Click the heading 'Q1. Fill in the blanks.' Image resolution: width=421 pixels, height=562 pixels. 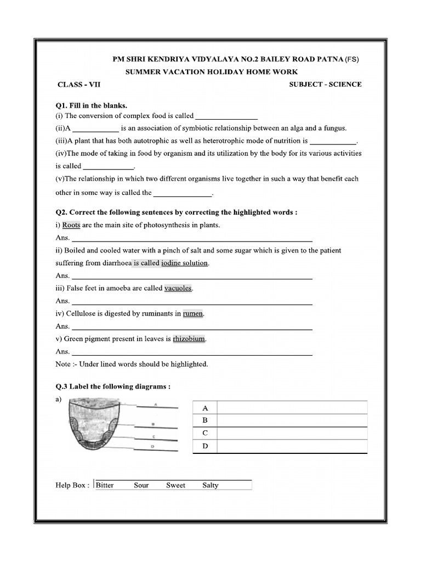click(x=92, y=105)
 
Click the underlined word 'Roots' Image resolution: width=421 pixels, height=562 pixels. click(x=71, y=225)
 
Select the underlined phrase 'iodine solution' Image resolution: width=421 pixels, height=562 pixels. click(x=185, y=263)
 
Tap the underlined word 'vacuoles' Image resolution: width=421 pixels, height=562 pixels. click(x=178, y=288)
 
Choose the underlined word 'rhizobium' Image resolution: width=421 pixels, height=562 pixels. click(x=189, y=339)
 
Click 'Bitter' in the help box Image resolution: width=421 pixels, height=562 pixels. click(x=105, y=485)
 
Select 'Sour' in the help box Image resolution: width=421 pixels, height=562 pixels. click(x=141, y=485)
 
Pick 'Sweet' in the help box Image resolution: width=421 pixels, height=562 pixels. click(x=176, y=485)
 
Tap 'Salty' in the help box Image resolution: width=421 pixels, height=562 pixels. click(x=210, y=485)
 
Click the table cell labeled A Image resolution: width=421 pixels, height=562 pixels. click(x=206, y=408)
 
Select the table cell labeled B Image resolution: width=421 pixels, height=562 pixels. click(x=206, y=420)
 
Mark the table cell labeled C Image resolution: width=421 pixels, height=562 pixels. click(x=206, y=433)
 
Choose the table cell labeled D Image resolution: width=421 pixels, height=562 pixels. click(x=206, y=446)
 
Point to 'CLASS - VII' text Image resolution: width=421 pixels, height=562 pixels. click(x=79, y=85)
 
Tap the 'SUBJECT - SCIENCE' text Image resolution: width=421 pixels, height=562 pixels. click(x=325, y=85)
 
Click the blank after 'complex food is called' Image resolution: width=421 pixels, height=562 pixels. click(x=226, y=116)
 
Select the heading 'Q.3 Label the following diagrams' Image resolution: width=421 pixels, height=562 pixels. click(x=113, y=386)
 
